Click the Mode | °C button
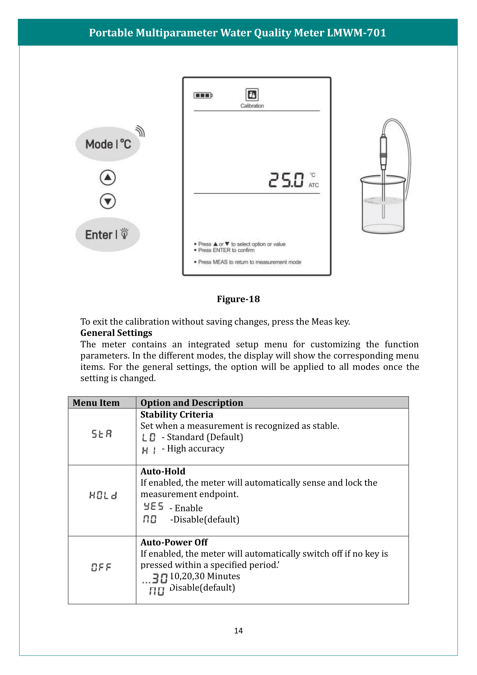(108, 144)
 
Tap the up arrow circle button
(108, 177)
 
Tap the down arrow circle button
(108, 201)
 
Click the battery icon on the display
(203, 95)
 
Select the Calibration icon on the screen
(252, 95)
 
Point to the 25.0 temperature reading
(286, 180)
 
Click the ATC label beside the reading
(313, 185)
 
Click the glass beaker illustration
(383, 206)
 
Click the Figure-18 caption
(238, 299)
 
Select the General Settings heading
(116, 333)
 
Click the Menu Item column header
(96, 403)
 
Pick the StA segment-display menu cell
(102, 434)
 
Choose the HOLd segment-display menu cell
(103, 496)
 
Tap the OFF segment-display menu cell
(101, 567)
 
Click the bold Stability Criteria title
(177, 414)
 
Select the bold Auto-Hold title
(163, 471)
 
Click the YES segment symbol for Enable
(153, 506)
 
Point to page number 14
(238, 630)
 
